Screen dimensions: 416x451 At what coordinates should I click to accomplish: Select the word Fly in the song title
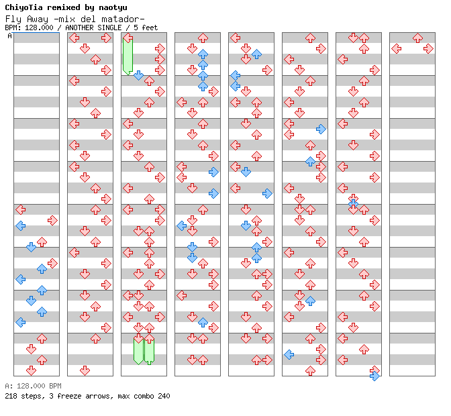pyautogui.click(x=13, y=18)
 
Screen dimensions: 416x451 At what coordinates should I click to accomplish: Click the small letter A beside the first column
pyautogui.click(x=10, y=36)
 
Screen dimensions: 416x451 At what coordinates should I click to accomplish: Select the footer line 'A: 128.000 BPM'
pyautogui.click(x=33, y=386)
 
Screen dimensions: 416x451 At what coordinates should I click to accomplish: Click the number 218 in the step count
pyautogui.click(x=11, y=396)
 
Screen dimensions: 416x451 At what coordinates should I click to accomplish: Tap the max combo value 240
pyautogui.click(x=164, y=396)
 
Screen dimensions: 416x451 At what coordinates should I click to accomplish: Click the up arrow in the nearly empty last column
pyautogui.click(x=417, y=38)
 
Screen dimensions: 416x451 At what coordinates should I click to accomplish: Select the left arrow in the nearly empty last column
pyautogui.click(x=396, y=48)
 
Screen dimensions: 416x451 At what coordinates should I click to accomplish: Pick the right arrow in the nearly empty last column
pyautogui.click(x=428, y=48)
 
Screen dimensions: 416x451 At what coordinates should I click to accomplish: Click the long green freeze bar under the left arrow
pyautogui.click(x=128, y=56)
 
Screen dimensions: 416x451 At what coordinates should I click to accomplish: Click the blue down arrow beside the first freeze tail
pyautogui.click(x=138, y=75)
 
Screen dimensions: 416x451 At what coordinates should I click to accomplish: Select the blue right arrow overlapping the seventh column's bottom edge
pyautogui.click(x=374, y=376)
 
